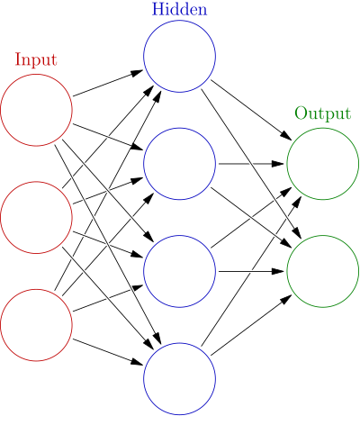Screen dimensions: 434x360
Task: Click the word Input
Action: (x=36, y=60)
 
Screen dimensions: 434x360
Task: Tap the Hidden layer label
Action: (x=179, y=10)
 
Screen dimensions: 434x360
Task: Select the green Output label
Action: (x=322, y=114)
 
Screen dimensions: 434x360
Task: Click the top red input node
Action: (x=36, y=110)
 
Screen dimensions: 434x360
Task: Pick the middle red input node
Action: (x=36, y=217)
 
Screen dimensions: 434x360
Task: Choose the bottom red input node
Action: (x=36, y=324)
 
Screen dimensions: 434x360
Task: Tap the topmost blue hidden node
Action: (x=179, y=56)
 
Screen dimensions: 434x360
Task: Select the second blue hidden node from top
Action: (x=179, y=164)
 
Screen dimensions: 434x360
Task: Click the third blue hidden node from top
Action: (x=179, y=271)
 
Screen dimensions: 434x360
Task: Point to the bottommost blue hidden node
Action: (x=179, y=378)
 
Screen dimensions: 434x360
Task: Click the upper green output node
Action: (x=322, y=164)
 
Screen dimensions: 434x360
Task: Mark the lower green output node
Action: (x=322, y=271)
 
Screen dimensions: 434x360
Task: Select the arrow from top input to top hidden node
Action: (x=108, y=83)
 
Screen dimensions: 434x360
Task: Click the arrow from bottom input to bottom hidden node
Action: (x=108, y=351)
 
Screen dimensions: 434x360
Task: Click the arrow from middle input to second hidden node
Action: (x=108, y=190)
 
